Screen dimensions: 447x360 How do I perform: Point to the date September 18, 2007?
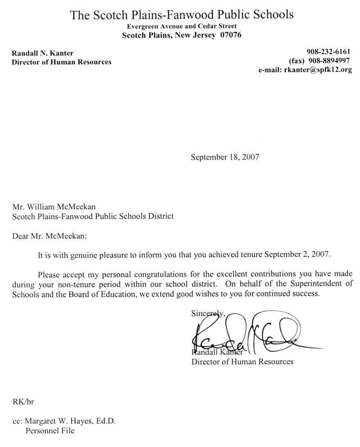click(225, 157)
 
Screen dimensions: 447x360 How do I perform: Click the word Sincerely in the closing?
click(205, 313)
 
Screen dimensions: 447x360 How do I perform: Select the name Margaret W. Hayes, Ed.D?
click(71, 421)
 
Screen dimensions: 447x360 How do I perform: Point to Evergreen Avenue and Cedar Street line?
click(181, 27)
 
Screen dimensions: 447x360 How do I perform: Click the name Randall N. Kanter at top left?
click(42, 53)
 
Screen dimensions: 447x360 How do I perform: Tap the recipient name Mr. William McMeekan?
click(60, 207)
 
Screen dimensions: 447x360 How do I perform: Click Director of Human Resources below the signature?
click(242, 361)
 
